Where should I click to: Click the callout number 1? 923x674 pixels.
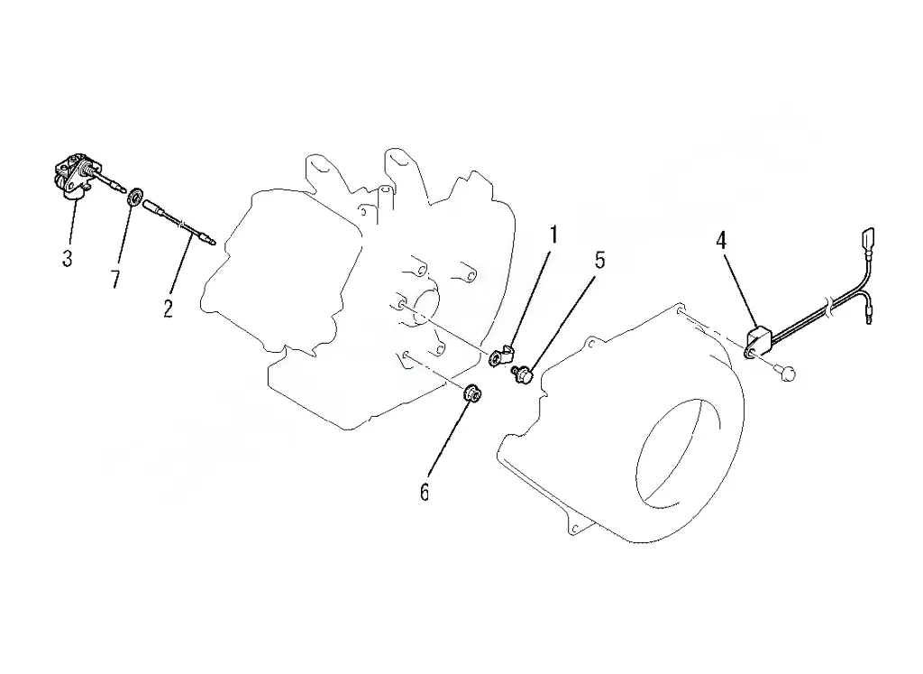553,235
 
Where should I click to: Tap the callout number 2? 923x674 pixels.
169,308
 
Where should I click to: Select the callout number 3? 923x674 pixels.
68,258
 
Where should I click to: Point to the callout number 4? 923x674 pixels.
720,240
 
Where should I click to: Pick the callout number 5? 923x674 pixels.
599,260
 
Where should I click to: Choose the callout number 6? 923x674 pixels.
425,492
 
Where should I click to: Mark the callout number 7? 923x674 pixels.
115,278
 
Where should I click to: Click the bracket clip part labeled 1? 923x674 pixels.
501,355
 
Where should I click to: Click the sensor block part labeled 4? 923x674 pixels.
758,343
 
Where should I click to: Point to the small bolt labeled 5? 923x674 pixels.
522,374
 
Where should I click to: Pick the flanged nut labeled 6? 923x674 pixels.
472,393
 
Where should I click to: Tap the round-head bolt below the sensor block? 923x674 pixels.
785,371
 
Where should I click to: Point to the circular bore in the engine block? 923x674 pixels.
425,307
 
